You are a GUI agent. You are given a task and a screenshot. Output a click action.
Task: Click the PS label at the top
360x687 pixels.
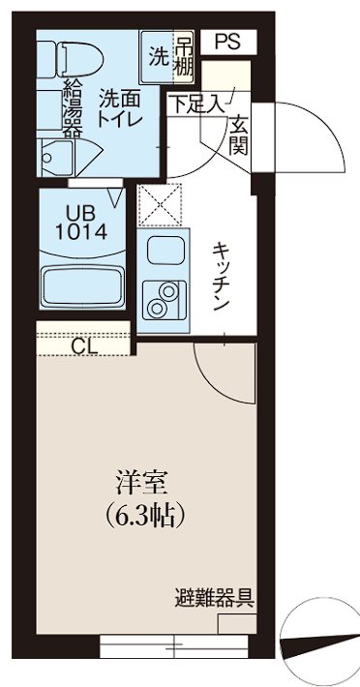tap(226, 41)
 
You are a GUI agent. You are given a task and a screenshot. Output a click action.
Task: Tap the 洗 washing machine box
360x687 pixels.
tap(158, 55)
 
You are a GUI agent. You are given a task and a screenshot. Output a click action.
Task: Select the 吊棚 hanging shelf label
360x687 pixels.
tap(183, 55)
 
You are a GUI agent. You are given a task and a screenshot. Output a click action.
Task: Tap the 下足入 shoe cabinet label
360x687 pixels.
tap(195, 100)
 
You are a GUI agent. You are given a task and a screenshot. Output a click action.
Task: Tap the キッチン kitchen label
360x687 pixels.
tap(221, 275)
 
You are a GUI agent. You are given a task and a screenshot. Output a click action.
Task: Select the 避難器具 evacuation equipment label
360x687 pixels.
tap(216, 596)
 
